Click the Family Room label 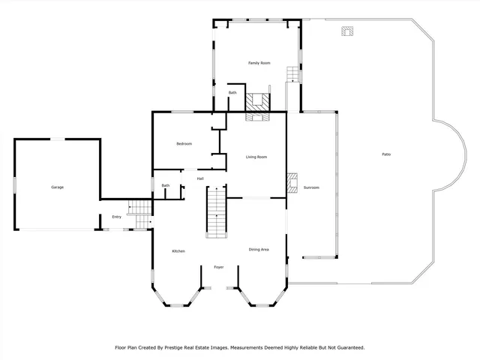pos(259,63)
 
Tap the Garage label pos(57,187)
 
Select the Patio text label pos(385,154)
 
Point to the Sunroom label pos(311,187)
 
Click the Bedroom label pos(184,144)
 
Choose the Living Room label pos(256,157)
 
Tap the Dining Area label pos(259,249)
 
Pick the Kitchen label pos(178,251)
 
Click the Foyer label pos(219,267)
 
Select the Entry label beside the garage pos(116,217)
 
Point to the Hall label pos(200,178)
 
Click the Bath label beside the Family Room pos(232,93)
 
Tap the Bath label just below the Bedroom pos(165,186)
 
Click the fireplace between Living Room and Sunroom pos(292,181)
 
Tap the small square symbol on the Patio pos(346,31)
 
